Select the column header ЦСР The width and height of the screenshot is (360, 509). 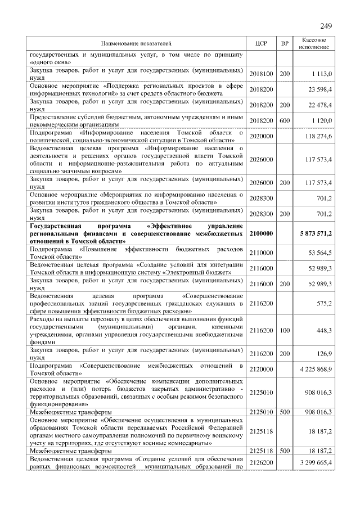point(260,43)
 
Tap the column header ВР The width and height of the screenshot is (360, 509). point(285,43)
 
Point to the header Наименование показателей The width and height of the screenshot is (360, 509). point(135,43)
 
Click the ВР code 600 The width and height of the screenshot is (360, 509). point(285,120)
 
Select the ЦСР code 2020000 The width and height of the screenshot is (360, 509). point(260,136)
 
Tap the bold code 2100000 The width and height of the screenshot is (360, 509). point(260,233)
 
